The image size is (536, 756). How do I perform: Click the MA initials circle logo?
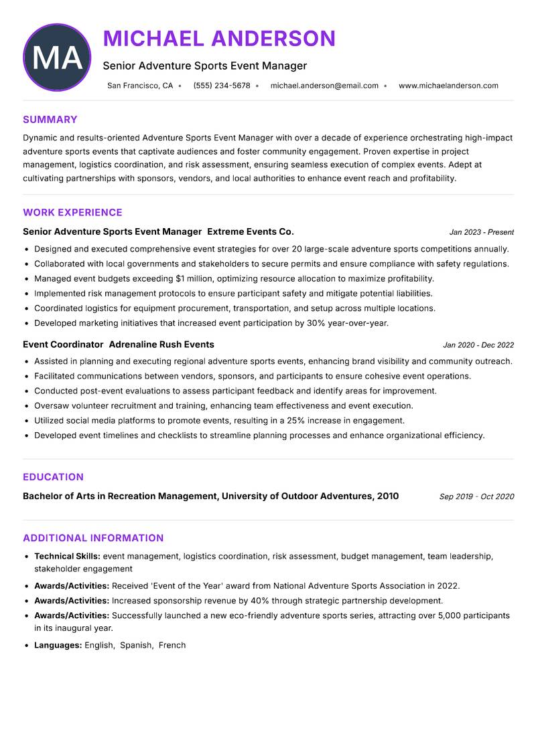(x=57, y=58)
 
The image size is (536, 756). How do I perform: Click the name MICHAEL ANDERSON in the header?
(x=219, y=39)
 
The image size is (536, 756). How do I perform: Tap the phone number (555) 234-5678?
(x=222, y=86)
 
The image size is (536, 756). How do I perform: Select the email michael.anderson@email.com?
(x=324, y=86)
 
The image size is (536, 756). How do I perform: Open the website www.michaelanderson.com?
(x=448, y=86)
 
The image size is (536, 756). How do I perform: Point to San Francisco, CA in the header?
(x=140, y=86)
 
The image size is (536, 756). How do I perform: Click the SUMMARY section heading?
(x=50, y=120)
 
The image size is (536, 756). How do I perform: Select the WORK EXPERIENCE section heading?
(x=72, y=213)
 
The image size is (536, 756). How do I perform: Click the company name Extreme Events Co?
(x=251, y=231)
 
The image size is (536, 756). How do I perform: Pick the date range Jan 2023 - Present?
(x=481, y=232)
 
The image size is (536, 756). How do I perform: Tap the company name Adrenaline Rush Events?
(x=161, y=345)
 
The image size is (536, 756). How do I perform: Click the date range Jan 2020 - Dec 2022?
(x=478, y=345)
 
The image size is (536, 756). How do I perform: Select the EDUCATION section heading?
(x=53, y=477)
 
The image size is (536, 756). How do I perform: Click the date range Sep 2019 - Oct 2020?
(x=476, y=496)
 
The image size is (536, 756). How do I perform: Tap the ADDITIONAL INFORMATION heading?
(x=93, y=538)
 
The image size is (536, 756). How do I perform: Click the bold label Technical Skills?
(x=67, y=556)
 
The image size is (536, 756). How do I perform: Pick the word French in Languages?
(x=172, y=645)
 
